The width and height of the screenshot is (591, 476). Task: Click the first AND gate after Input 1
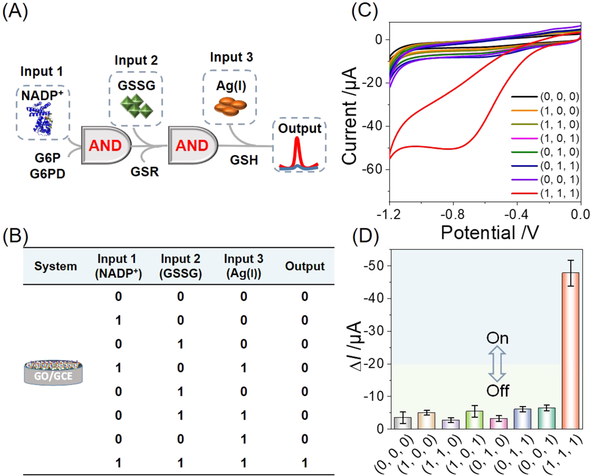pyautogui.click(x=106, y=145)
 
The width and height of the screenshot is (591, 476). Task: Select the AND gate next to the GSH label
pyautogui.click(x=193, y=145)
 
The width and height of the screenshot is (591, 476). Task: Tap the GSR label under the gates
pyautogui.click(x=145, y=172)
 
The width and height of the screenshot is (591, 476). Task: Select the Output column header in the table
pyautogui.click(x=305, y=266)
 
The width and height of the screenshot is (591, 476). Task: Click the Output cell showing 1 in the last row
pyautogui.click(x=305, y=463)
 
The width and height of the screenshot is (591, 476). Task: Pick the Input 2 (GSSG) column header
pyautogui.click(x=181, y=266)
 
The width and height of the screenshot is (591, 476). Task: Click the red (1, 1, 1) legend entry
pyautogui.click(x=546, y=193)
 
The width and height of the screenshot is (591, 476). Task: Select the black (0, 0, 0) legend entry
pyautogui.click(x=546, y=97)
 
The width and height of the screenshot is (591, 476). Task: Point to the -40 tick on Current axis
pyautogui.click(x=373, y=126)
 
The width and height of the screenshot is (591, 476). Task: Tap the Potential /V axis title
pyautogui.click(x=490, y=233)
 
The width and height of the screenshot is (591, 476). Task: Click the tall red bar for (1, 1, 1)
pyautogui.click(x=571, y=351)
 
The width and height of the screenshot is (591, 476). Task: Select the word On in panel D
pyautogui.click(x=497, y=338)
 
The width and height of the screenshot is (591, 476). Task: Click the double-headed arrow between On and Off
pyautogui.click(x=497, y=364)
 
